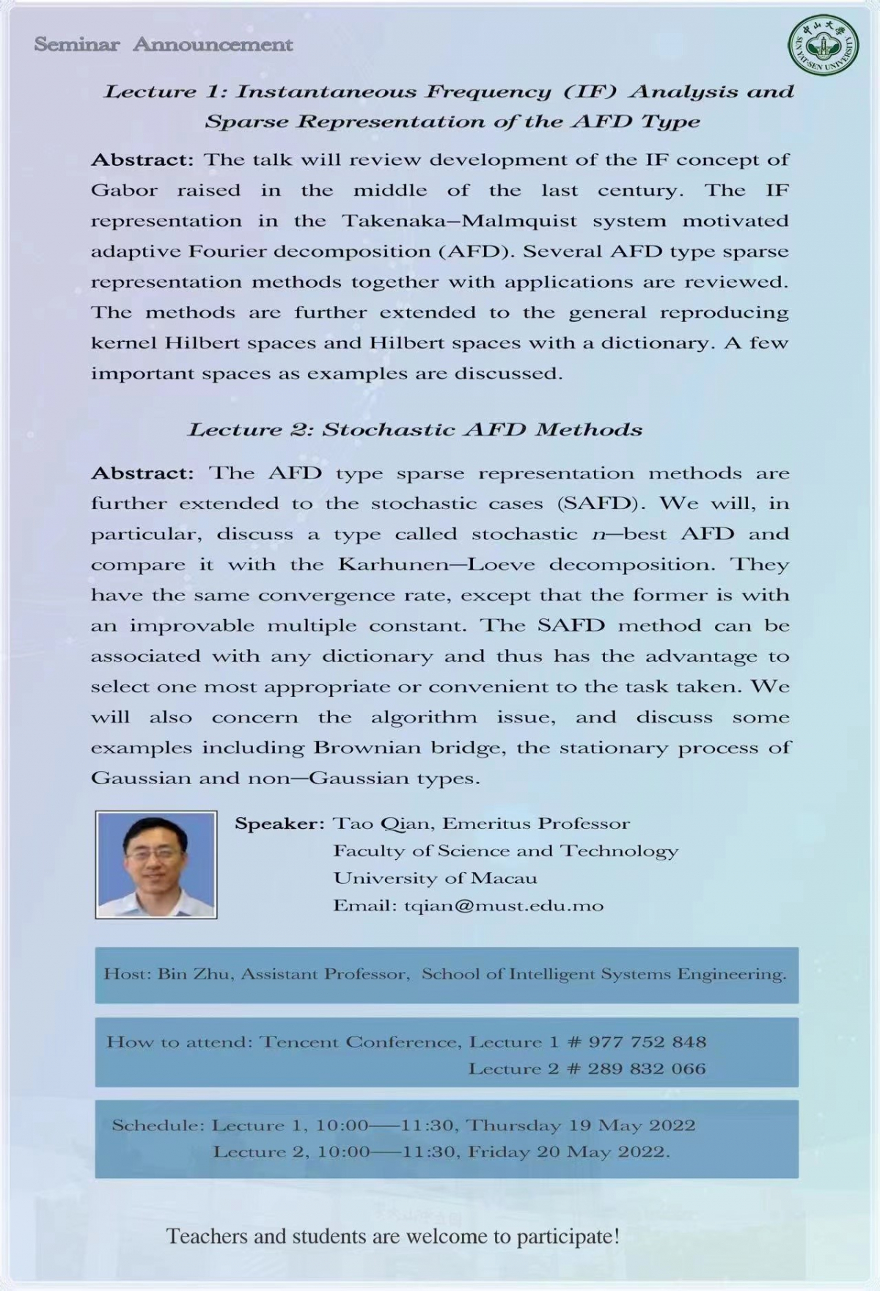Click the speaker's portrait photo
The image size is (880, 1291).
point(156,864)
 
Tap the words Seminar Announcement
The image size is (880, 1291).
point(163,45)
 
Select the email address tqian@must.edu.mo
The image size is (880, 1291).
point(504,906)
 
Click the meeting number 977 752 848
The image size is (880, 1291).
point(648,1042)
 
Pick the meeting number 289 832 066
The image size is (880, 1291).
point(646,1069)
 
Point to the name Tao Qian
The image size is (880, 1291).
point(382,824)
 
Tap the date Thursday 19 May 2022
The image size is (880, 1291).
point(580,1125)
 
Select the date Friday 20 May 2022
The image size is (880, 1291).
point(568,1152)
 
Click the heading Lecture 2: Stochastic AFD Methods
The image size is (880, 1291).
point(415,430)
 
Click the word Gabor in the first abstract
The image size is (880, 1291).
point(124,191)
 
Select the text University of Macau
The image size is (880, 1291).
point(435,878)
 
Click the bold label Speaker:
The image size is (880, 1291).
point(279,824)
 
